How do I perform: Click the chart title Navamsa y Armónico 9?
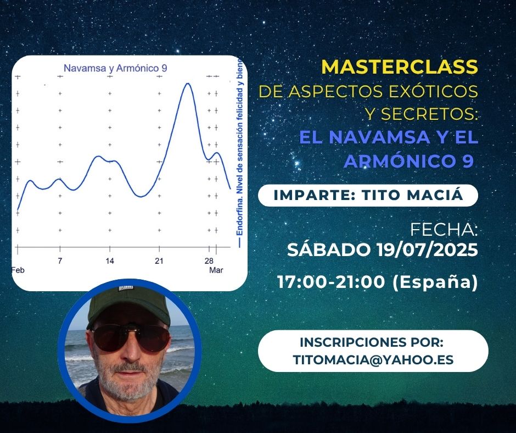[115, 68]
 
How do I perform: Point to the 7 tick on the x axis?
[60, 261]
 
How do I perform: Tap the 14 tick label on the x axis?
[110, 261]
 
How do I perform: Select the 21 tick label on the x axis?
[159, 261]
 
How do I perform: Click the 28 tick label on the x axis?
[209, 261]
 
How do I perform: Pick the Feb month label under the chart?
[18, 270]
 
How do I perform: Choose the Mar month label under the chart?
[216, 270]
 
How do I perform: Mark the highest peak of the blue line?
[188, 84]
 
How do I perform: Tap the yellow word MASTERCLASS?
[400, 67]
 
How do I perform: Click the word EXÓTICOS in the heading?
[433, 91]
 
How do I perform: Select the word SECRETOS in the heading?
[427, 114]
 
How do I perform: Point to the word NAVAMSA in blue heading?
[379, 137]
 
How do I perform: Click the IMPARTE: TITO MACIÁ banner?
[368, 196]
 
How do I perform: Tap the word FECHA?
[444, 230]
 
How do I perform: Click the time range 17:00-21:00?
[330, 282]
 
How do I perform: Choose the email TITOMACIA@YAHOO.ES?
[373, 359]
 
